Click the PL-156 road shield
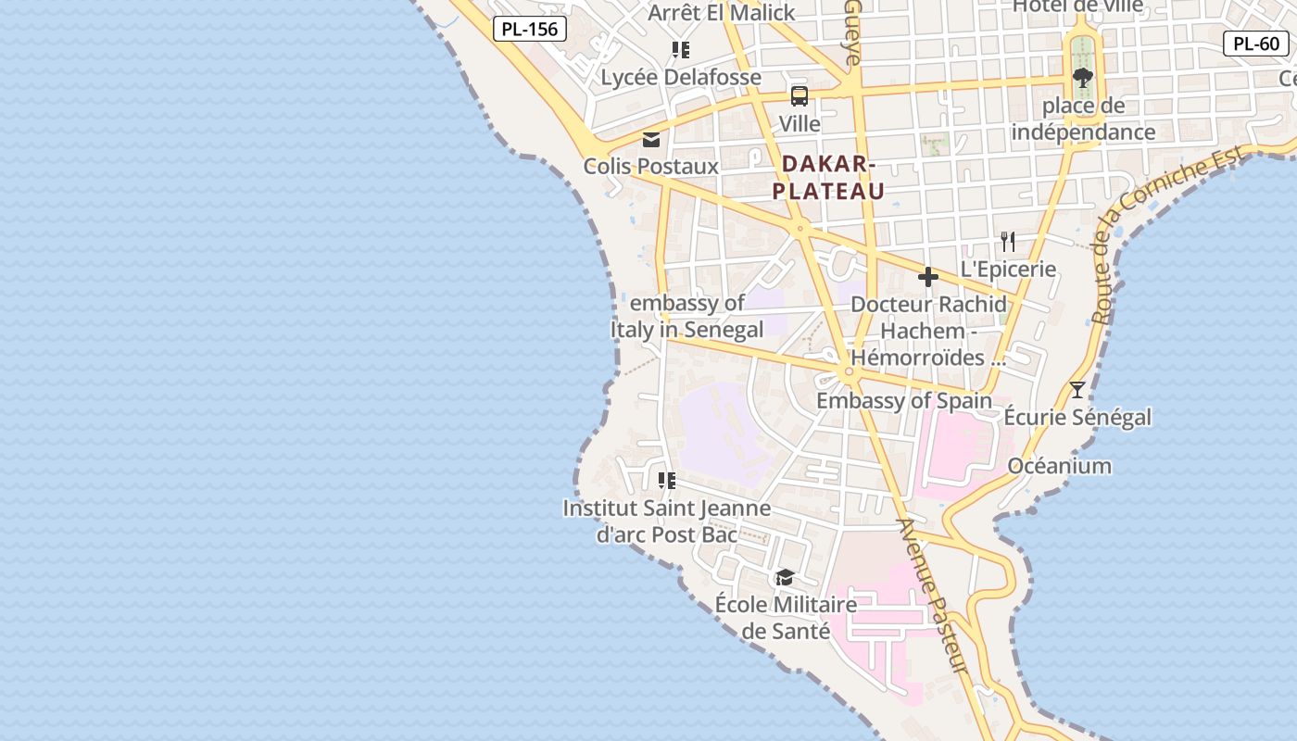(x=529, y=29)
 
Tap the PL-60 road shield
(x=1256, y=43)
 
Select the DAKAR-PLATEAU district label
(x=828, y=177)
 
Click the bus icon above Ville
(x=799, y=95)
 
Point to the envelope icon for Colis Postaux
(x=651, y=139)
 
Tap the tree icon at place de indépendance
(x=1082, y=77)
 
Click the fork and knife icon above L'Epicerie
(x=1008, y=242)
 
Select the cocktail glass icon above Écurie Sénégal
(x=1077, y=389)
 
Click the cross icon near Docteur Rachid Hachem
(x=927, y=277)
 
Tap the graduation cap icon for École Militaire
(x=785, y=578)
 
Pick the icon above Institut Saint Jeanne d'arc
(x=666, y=480)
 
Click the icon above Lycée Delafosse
(x=681, y=49)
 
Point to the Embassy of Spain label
(x=903, y=401)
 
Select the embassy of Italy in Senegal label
(x=686, y=316)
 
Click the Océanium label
(x=1059, y=465)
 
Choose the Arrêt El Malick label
(x=721, y=13)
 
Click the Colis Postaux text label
(x=650, y=167)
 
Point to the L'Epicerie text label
(x=1008, y=270)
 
